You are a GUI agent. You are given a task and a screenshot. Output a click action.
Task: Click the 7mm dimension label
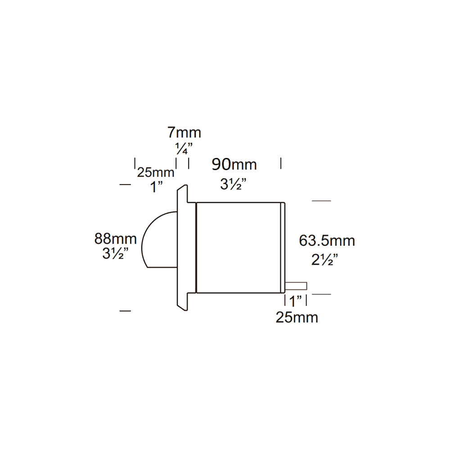[184, 133]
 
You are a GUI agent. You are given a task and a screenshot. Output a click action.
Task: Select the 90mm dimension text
[234, 165]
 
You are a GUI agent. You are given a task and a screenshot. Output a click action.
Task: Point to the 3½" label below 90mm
[234, 184]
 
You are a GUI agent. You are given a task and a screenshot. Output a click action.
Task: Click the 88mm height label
[115, 238]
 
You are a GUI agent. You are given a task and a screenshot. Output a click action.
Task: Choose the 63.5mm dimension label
[327, 241]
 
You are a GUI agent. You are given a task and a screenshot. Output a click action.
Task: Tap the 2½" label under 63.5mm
[324, 260]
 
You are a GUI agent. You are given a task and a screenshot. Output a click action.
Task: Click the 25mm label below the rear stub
[297, 317]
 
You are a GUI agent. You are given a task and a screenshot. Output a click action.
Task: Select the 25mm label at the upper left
[156, 172]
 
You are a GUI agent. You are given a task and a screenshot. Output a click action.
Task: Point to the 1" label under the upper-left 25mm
[156, 187]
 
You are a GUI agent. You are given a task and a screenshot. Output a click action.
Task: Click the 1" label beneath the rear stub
[296, 301]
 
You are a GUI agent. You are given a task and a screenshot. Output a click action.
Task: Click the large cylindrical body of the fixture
[238, 247]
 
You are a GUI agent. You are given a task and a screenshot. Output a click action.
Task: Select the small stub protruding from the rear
[296, 286]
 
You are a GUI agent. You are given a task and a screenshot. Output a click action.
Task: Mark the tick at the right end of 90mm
[281, 163]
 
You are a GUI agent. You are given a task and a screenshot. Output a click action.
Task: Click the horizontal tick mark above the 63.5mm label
[321, 201]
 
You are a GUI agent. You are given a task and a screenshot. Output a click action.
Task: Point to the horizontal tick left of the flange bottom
[125, 310]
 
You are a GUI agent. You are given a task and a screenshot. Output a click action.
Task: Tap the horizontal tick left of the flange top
[125, 184]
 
